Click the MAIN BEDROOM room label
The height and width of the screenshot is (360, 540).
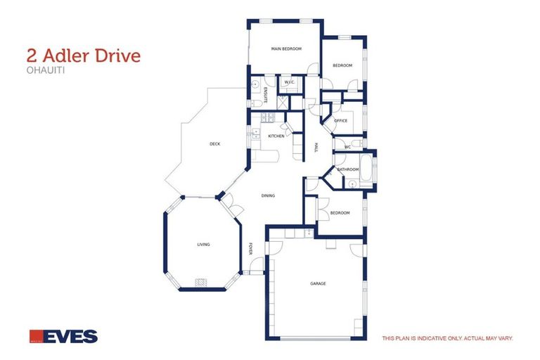point(286,49)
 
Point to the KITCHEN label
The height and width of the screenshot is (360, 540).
point(276,136)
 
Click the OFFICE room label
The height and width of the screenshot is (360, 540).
point(341,121)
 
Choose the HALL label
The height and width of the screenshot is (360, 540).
point(316,147)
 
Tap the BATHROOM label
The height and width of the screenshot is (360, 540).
point(348,169)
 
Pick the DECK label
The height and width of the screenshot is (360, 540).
point(215,144)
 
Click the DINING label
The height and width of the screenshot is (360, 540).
point(268,195)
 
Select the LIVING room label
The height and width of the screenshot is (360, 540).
point(203,244)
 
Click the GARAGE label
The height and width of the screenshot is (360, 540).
point(318,283)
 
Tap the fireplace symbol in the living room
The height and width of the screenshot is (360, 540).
point(201,283)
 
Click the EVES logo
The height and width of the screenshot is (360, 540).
point(63,336)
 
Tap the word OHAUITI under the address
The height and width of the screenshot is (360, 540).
point(41,70)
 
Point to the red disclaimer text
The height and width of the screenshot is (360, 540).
point(447,338)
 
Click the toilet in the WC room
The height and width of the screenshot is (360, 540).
point(356,145)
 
